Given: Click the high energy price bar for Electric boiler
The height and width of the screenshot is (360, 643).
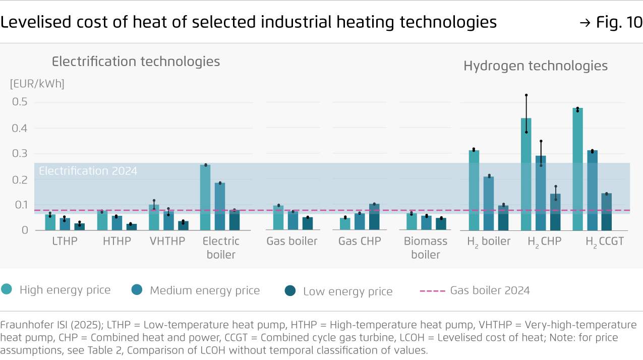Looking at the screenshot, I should (x=205, y=197).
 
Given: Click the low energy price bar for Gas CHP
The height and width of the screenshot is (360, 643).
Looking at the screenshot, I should (x=374, y=217).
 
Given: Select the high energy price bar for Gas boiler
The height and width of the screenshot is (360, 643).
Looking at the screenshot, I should (x=278, y=218).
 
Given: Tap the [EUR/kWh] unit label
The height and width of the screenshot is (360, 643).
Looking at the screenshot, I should (x=37, y=84).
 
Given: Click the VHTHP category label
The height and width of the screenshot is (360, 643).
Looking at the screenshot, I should (x=167, y=242).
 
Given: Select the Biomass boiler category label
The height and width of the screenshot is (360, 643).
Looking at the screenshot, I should (x=426, y=248).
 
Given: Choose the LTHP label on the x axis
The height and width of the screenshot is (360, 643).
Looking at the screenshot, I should (x=65, y=242).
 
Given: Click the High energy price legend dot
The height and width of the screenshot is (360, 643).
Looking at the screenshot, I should (x=7, y=289).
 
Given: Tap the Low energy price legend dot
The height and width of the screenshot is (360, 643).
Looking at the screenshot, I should (x=290, y=290).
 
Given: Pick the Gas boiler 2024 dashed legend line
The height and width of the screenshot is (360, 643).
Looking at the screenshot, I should (x=432, y=290).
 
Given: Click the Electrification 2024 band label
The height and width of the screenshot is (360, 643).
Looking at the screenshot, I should (x=88, y=171).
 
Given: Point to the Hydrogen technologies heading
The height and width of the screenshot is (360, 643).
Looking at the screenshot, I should (x=535, y=66).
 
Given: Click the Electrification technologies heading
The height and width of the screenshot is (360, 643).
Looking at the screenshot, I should (x=136, y=62).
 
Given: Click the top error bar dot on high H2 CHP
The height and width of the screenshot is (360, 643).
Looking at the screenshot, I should (x=526, y=95).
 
